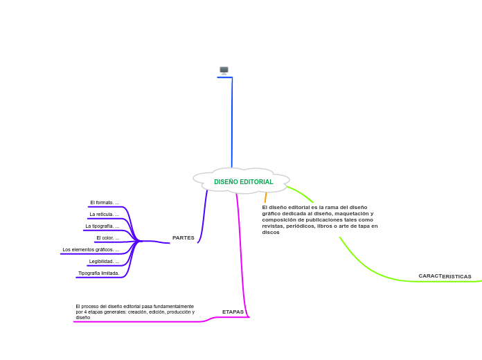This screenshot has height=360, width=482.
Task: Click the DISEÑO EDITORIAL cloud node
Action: click(x=243, y=181)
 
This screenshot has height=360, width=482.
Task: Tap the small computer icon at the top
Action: click(x=224, y=70)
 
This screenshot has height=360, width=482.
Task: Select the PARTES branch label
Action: click(x=183, y=237)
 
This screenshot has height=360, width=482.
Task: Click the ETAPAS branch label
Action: click(x=233, y=312)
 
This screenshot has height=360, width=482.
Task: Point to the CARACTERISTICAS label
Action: click(x=445, y=276)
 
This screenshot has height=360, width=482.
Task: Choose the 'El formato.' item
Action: click(x=104, y=203)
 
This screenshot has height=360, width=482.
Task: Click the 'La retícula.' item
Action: click(x=104, y=215)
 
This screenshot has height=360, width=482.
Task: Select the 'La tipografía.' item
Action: click(x=102, y=226)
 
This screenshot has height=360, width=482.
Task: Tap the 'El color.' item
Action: click(x=107, y=238)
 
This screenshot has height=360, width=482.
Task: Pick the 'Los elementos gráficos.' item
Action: click(x=90, y=250)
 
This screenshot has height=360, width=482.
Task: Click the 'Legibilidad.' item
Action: click(x=104, y=262)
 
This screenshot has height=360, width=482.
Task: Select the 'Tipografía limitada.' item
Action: click(x=98, y=273)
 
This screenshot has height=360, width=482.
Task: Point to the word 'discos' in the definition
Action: click(x=271, y=232)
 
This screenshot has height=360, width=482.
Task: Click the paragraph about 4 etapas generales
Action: click(x=135, y=312)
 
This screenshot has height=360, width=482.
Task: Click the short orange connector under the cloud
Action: click(x=265, y=197)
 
